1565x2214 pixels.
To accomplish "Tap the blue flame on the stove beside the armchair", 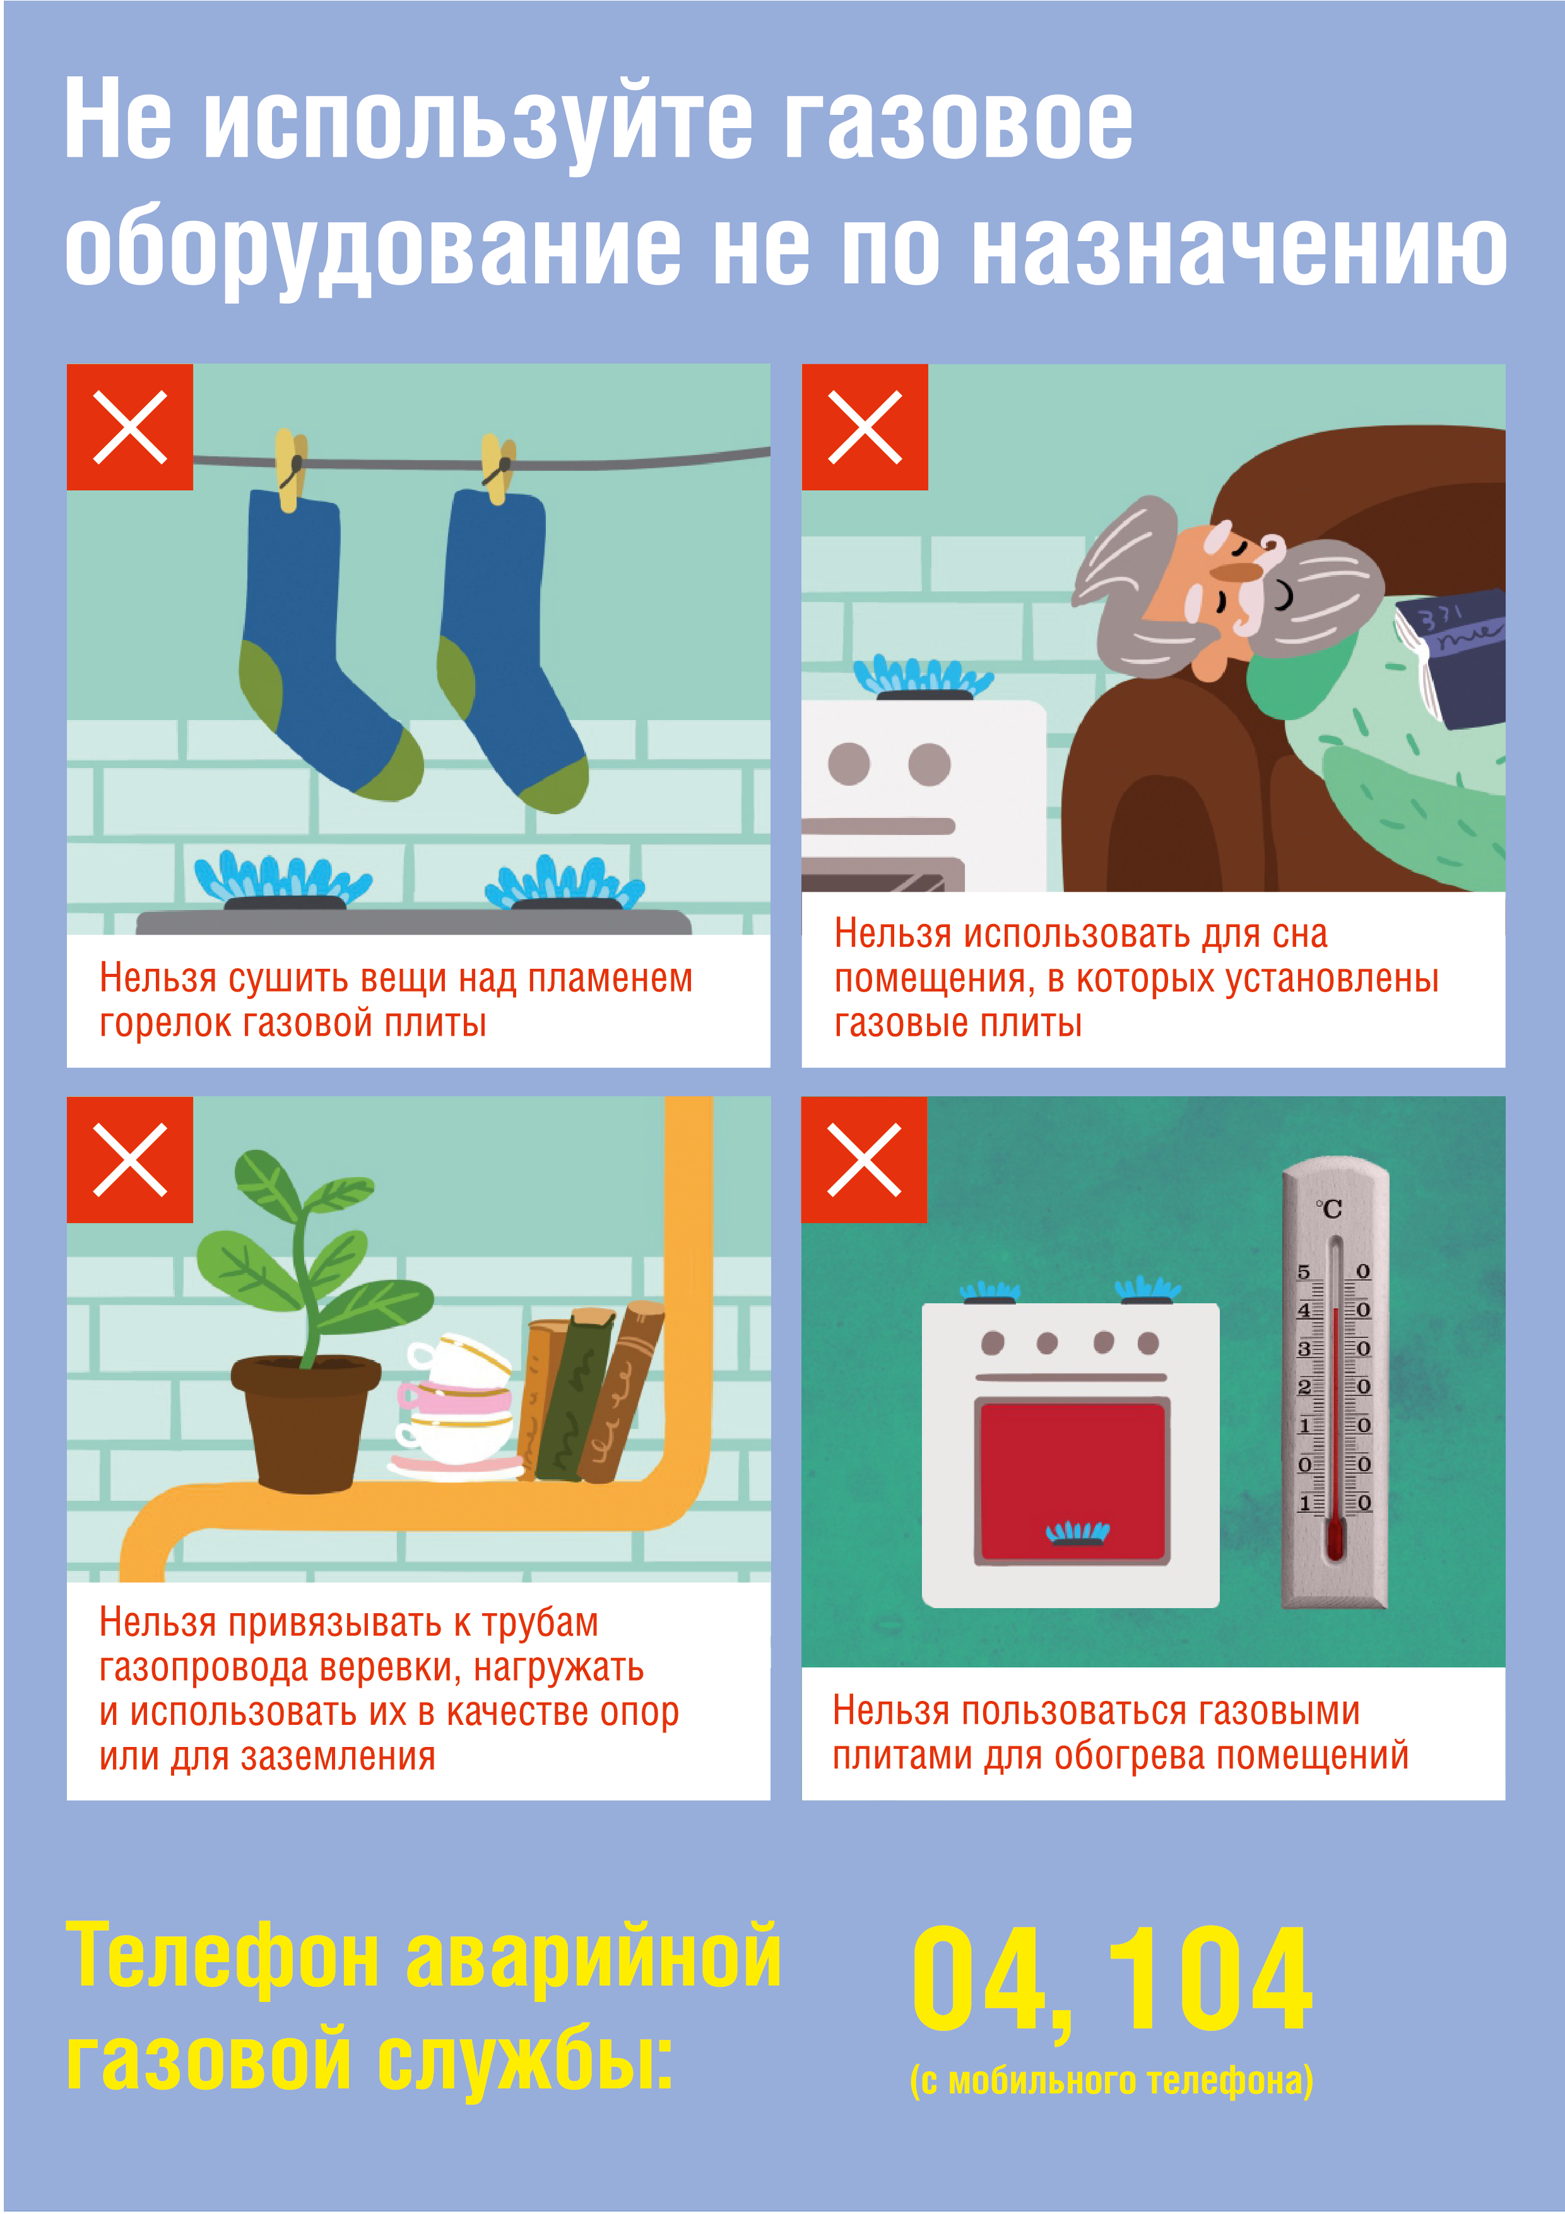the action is pyautogui.click(x=923, y=675).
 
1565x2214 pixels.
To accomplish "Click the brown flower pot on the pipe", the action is pyautogui.click(x=305, y=1423).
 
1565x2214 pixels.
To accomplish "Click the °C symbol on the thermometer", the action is pyautogui.click(x=1330, y=1208).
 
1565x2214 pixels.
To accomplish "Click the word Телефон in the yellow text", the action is pyautogui.click(x=221, y=1958).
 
